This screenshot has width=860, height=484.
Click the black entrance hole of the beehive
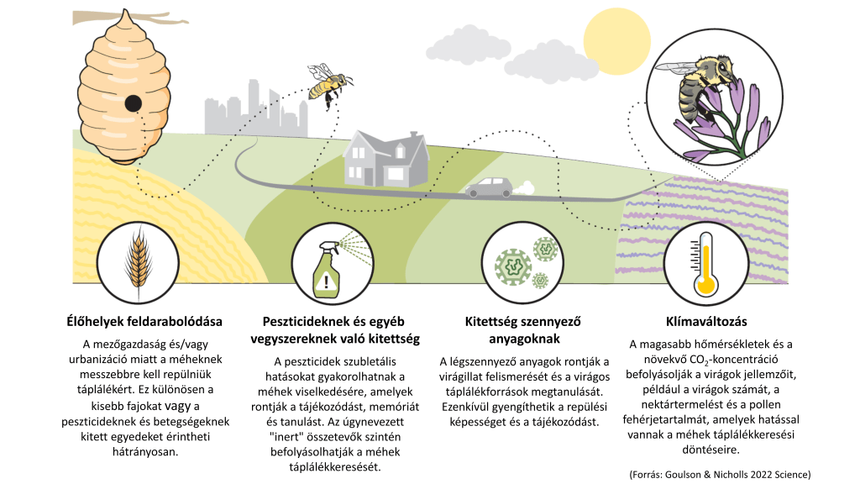click(x=133, y=103)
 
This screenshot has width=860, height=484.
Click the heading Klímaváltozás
click(x=705, y=321)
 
